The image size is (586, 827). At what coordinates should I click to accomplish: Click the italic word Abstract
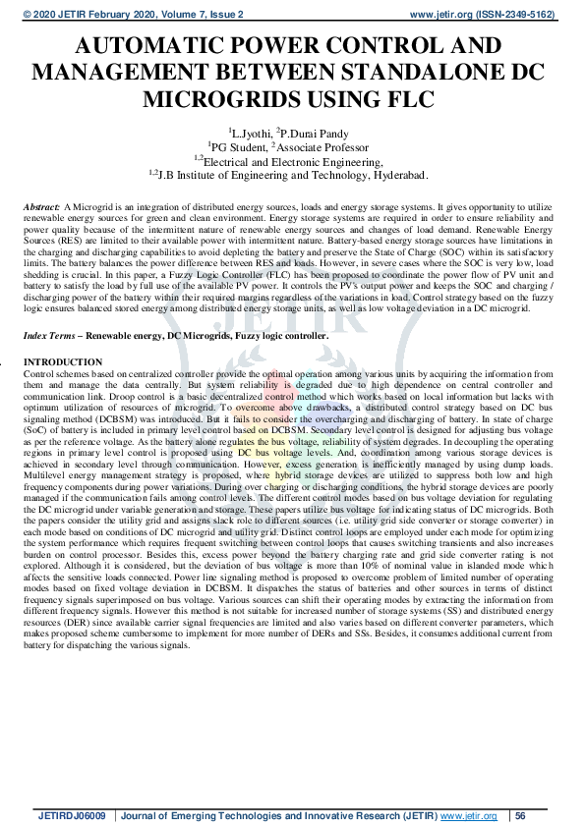tap(40, 209)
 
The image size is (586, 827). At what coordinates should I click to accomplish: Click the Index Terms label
tap(46, 336)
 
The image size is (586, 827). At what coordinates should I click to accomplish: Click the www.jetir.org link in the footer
tap(467, 816)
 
